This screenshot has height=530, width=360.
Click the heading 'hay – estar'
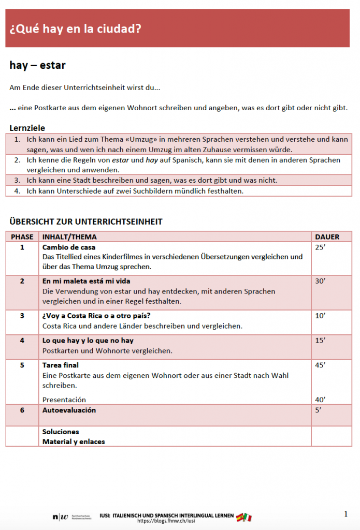37,65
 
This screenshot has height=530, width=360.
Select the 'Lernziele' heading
27,128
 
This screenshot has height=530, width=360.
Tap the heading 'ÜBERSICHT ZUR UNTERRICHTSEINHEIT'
85,222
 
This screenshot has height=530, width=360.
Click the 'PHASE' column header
22,237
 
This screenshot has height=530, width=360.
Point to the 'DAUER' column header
327,237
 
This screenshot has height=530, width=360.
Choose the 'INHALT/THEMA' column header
69,237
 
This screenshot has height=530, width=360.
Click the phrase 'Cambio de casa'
69,247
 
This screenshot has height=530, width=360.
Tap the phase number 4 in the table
22,341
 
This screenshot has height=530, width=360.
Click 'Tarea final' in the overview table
61,365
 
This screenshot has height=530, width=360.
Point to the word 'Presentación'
64,400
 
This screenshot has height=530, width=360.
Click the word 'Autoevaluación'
69,410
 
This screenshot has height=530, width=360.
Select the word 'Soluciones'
61,432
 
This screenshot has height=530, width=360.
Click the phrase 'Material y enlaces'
74,441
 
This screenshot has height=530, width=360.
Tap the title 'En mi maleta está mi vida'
86,281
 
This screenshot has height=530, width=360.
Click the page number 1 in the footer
345,513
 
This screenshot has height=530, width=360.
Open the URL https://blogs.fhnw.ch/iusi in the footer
166,521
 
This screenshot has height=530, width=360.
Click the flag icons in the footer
243,517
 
